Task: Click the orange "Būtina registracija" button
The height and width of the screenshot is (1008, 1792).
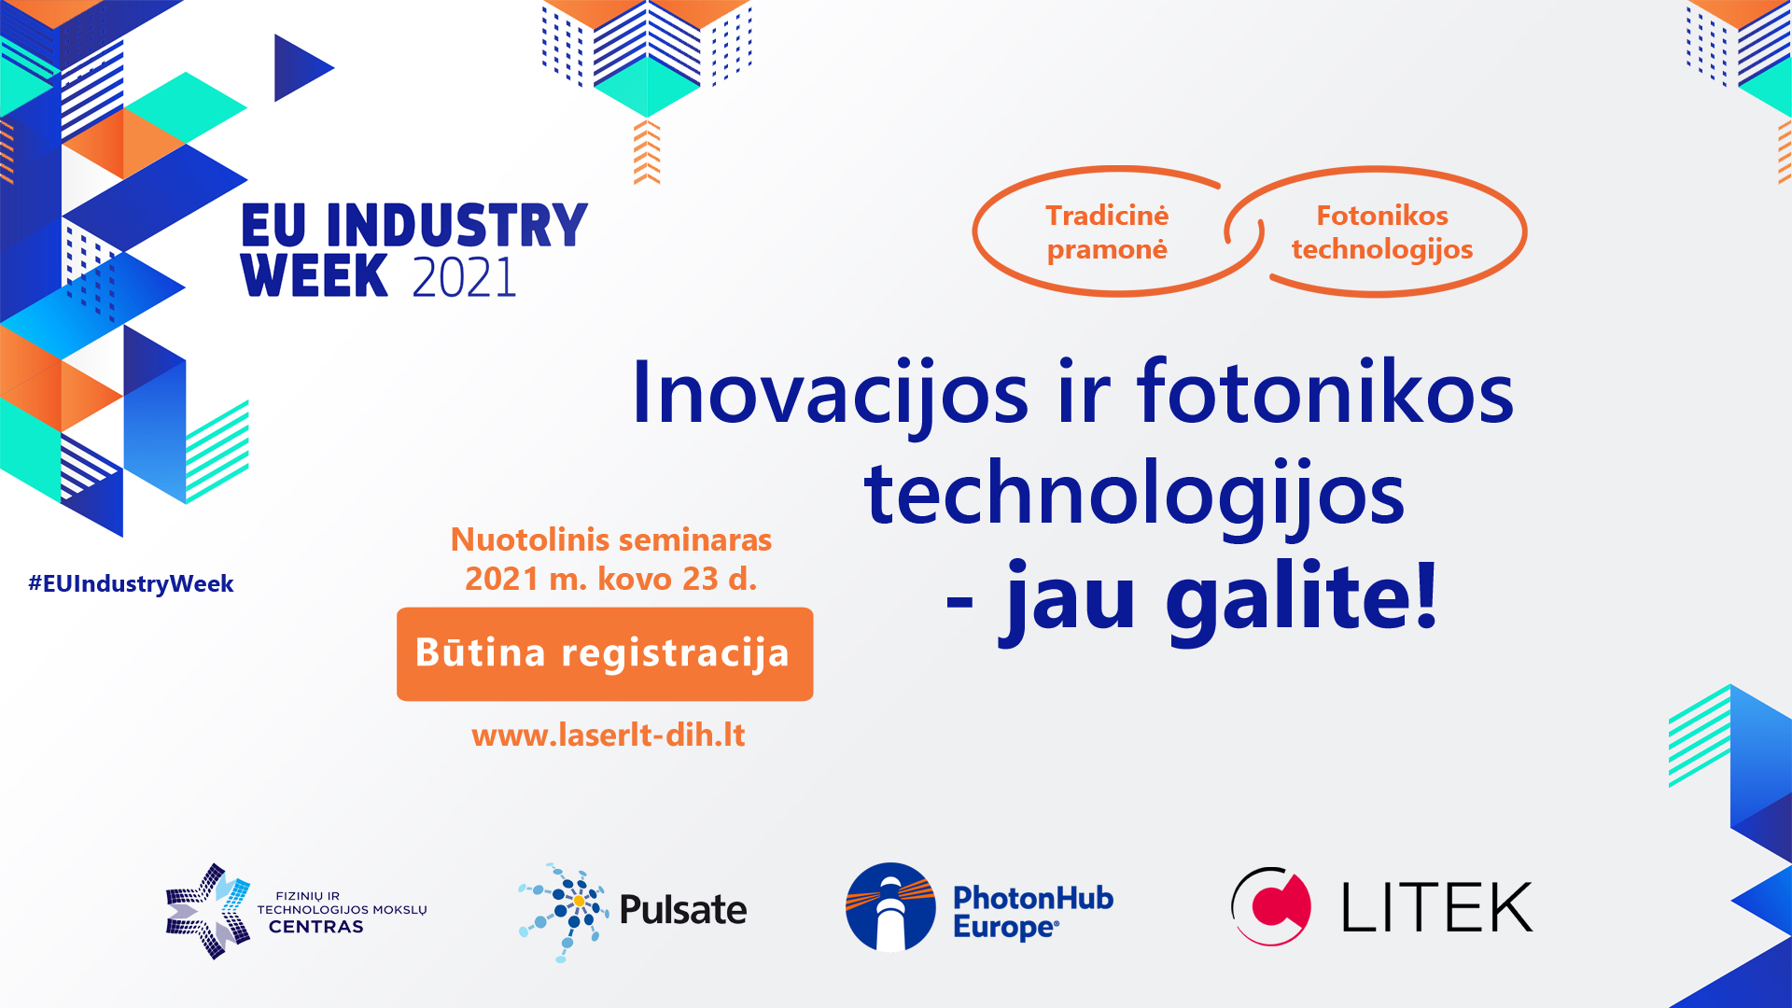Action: [x=605, y=653]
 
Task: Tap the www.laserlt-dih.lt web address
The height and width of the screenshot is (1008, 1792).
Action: [x=609, y=735]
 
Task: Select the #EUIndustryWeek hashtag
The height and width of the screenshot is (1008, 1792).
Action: [x=131, y=583]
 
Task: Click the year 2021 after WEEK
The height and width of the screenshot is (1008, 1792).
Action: [x=464, y=277]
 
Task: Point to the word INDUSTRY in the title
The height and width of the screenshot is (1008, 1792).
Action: [x=457, y=226]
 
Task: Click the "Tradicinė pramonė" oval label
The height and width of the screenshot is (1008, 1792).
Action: [x=1107, y=232]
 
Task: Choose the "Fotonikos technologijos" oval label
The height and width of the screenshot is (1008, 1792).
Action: [x=1382, y=232]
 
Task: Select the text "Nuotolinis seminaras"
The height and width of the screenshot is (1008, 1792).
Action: [x=611, y=539]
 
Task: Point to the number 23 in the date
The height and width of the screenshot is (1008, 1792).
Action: [x=700, y=579]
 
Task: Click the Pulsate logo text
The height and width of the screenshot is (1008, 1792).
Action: [x=683, y=910]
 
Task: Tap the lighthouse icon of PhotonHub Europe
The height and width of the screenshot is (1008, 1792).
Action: [x=890, y=907]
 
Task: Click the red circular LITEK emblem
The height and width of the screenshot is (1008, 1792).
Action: [x=1271, y=906]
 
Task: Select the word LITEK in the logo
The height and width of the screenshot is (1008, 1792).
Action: [x=1437, y=907]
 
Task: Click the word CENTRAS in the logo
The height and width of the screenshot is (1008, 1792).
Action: [x=316, y=927]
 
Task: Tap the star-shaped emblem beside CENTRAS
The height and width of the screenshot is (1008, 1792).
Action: [x=208, y=911]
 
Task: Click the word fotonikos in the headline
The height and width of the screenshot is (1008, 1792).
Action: [x=1325, y=392]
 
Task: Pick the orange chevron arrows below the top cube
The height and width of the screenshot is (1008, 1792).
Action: [x=647, y=152]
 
